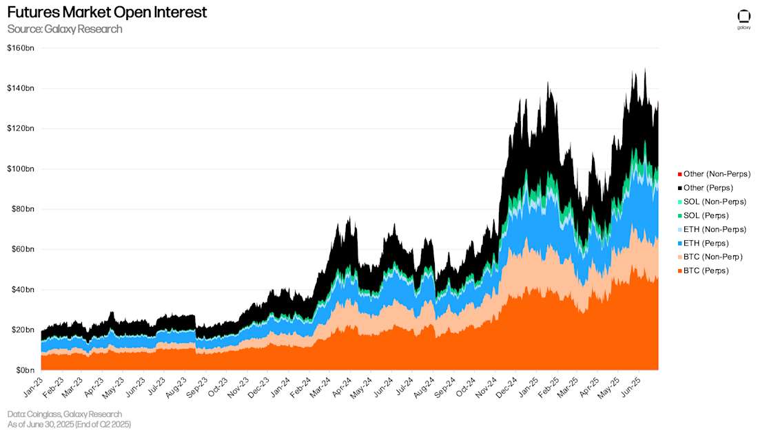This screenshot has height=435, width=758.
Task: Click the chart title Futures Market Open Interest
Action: point(107,12)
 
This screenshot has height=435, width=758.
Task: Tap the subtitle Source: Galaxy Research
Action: point(65,29)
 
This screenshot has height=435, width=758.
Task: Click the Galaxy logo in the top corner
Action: point(744,18)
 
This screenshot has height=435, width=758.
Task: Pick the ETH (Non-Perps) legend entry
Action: point(715,229)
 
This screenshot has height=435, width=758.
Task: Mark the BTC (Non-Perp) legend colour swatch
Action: point(679,257)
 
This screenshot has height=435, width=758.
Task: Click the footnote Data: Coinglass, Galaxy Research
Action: point(65,414)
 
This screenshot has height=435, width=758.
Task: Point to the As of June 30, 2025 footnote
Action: point(69,425)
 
